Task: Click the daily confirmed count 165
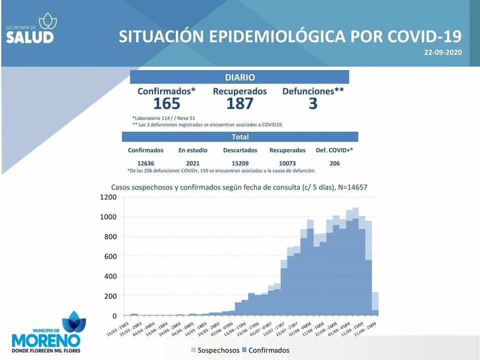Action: tap(166, 103)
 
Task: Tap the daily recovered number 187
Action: tap(239, 103)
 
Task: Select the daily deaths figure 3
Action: tap(313, 103)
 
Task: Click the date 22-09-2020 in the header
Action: tap(442, 52)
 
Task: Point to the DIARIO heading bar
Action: tap(239, 77)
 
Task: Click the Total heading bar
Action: tap(240, 137)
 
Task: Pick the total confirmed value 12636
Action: tap(145, 163)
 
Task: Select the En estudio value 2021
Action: tap(192, 163)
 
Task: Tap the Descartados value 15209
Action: tap(240, 163)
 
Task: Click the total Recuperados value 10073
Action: tap(287, 163)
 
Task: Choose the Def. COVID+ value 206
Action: tap(334, 163)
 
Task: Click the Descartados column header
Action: tap(240, 150)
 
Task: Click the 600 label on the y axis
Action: tap(110, 256)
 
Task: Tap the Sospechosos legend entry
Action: tap(214, 350)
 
